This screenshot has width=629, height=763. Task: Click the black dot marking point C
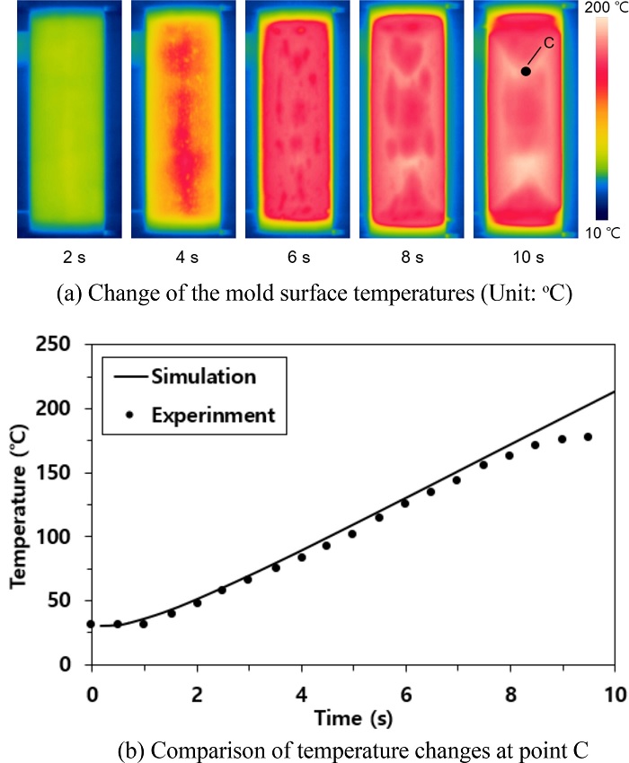pos(526,72)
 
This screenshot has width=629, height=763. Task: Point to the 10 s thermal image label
pos(527,259)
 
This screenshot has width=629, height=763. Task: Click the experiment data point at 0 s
pos(92,624)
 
